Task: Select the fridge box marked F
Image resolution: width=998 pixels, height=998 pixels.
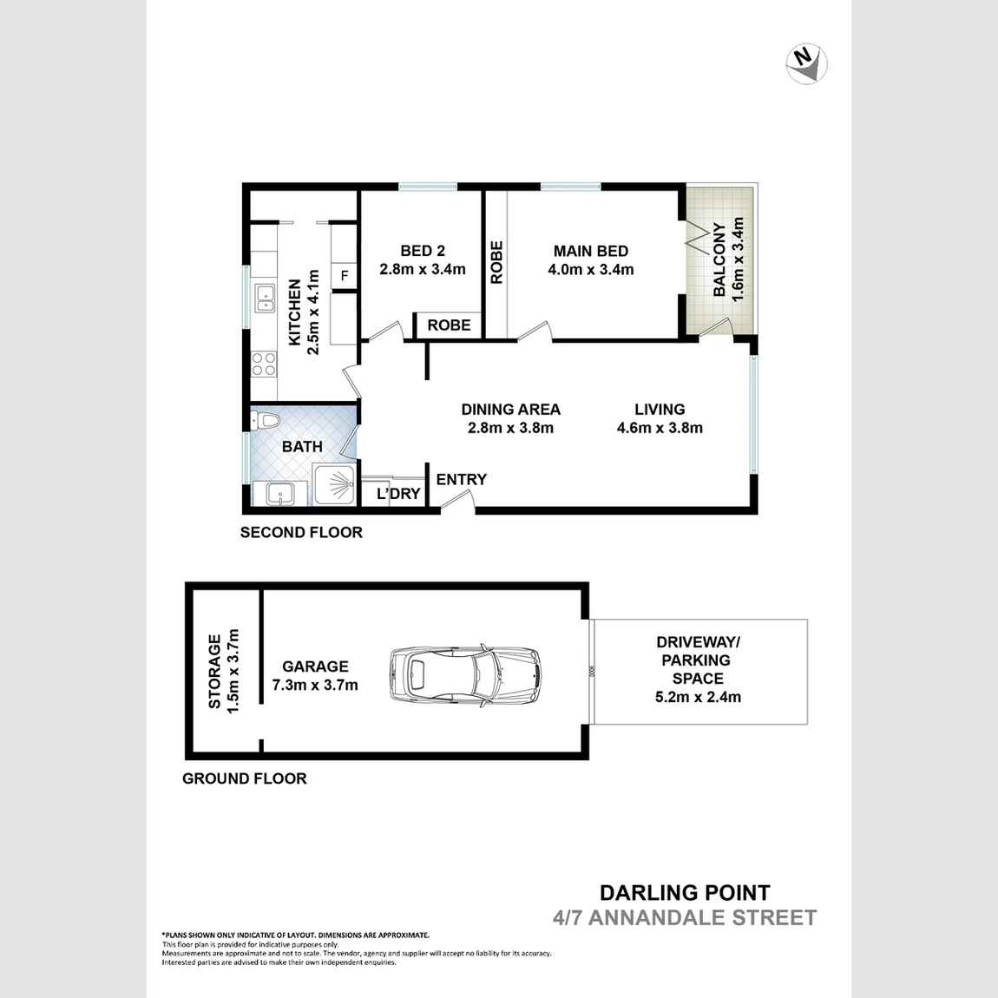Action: pos(345,276)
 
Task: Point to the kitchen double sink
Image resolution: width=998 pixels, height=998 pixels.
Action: pos(264,298)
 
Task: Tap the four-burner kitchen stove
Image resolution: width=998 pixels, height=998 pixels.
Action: pos(264,364)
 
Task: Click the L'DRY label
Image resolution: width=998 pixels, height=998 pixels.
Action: pos(398,494)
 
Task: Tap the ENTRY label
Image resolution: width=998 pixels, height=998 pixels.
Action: pos(461,479)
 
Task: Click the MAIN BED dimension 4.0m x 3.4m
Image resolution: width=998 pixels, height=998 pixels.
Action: pos(591,270)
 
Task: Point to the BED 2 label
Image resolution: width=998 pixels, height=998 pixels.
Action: pos(423,251)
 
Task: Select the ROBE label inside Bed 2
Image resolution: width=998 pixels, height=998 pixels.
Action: pos(449,325)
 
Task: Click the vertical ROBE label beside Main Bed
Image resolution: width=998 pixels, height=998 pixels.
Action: pos(496,262)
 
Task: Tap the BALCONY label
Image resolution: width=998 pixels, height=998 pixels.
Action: pos(719,260)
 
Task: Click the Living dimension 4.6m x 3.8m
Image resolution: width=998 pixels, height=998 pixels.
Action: pos(660,428)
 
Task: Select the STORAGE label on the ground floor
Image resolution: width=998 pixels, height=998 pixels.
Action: pos(214,672)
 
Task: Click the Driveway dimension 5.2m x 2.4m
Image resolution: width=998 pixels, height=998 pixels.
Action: pos(698,696)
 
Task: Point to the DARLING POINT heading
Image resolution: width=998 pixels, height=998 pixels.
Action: pos(685,892)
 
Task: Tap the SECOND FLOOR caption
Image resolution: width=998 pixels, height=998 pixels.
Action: pos(301,532)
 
